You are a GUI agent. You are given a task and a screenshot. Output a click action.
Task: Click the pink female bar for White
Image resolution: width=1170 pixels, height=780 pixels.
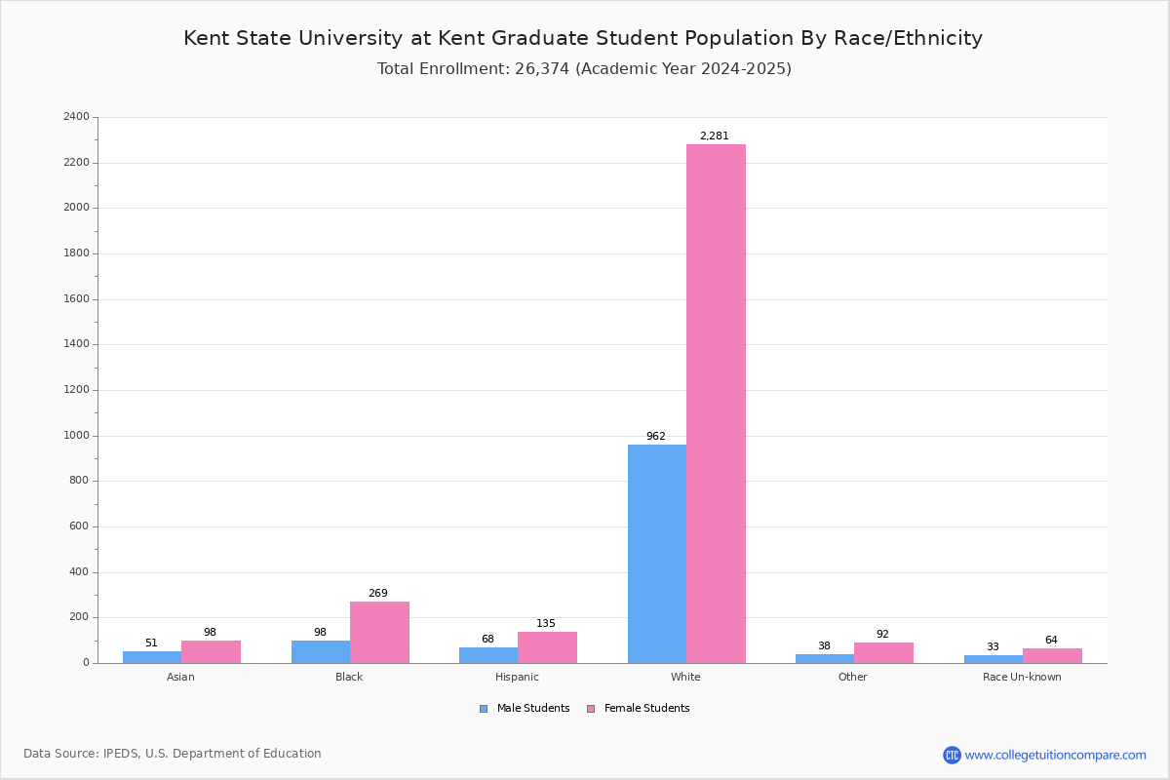tap(716, 404)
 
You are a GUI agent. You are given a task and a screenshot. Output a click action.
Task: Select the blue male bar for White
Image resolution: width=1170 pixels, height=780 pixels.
tap(656, 554)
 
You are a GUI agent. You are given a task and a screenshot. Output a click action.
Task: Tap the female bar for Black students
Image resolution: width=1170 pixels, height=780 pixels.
tap(379, 632)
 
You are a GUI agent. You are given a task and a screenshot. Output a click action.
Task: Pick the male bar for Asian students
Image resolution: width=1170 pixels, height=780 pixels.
tap(152, 657)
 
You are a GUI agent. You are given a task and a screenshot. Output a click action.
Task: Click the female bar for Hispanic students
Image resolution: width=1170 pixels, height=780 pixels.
tap(547, 647)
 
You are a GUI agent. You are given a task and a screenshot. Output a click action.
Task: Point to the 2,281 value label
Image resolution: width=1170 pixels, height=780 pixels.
tap(714, 136)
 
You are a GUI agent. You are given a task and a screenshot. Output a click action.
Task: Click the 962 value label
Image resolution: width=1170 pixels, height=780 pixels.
tap(655, 437)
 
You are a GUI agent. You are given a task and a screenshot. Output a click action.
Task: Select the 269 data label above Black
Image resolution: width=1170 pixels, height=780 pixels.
tap(377, 594)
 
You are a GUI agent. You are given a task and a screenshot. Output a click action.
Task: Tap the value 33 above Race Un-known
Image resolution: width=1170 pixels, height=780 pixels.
tap(993, 647)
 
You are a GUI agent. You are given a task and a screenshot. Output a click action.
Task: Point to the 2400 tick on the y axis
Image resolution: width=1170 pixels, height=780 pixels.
tap(76, 117)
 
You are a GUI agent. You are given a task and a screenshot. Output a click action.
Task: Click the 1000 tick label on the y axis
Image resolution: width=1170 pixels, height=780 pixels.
tap(76, 436)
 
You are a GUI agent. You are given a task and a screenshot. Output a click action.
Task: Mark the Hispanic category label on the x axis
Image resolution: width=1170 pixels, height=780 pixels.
tap(517, 677)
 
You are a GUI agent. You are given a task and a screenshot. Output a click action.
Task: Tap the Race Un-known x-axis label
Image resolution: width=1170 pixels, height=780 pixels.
tap(1022, 677)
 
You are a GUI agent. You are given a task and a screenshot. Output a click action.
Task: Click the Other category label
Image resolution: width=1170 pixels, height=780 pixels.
tap(852, 677)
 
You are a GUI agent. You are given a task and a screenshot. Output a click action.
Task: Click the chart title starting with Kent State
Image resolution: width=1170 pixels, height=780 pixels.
tap(583, 38)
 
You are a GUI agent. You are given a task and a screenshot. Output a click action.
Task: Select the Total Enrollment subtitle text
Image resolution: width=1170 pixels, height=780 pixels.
tap(584, 69)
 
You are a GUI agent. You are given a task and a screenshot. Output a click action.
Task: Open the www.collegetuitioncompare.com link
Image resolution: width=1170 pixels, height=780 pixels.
tap(1055, 755)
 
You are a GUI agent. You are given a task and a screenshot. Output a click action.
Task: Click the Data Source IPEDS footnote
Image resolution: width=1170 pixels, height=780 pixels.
tap(173, 754)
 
